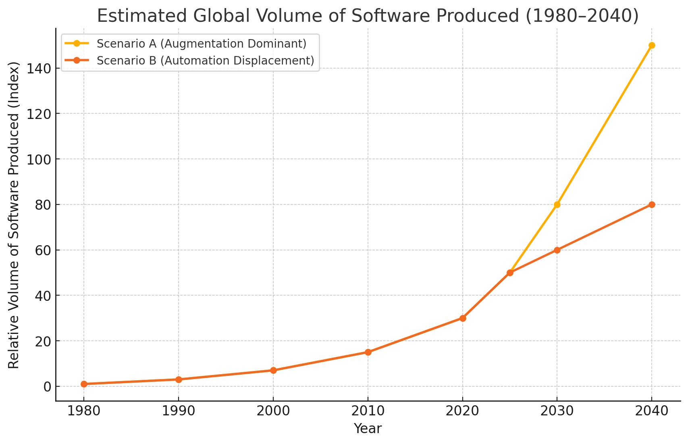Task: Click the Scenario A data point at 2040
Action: coord(652,45)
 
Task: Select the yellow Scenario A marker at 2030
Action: coord(557,204)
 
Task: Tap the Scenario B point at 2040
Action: coord(652,204)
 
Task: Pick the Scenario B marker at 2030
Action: coord(557,250)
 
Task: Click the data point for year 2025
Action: coord(510,273)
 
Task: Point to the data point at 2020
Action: coord(463,318)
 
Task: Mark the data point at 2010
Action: coord(368,352)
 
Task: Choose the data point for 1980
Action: coord(84,384)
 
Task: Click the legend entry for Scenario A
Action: coord(202,44)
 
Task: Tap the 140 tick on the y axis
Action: coord(39,69)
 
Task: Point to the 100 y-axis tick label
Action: coord(39,159)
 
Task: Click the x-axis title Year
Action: coord(368,429)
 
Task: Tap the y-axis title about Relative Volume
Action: coord(14,215)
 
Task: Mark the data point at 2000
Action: coord(273,370)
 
